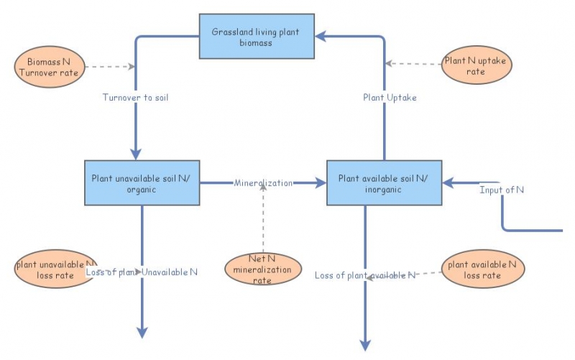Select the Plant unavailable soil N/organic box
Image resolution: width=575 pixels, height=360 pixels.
[x=142, y=183]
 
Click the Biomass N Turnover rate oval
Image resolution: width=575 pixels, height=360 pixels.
[x=50, y=67]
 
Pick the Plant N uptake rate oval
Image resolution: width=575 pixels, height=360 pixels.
[x=475, y=66]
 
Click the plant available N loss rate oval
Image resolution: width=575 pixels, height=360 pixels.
[x=482, y=269]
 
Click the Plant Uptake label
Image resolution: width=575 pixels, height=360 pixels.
[x=390, y=98]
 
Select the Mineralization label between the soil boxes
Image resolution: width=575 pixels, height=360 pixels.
[x=263, y=183]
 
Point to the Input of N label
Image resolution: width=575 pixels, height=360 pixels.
[x=502, y=189]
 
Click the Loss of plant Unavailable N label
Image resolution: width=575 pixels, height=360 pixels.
[x=142, y=272]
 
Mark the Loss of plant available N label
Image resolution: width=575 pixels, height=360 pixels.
[x=365, y=275]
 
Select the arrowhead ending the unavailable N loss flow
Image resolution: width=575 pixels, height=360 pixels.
[x=142, y=332]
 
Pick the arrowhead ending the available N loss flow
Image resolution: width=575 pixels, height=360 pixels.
[x=365, y=344]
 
